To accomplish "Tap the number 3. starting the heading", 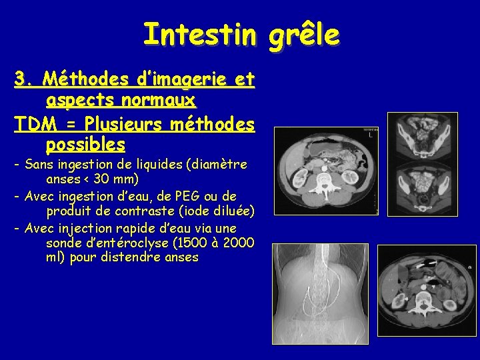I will tap(25, 80).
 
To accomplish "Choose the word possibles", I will tap(85, 144).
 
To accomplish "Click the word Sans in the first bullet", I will tap(39, 165).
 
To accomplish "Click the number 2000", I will tap(238, 243).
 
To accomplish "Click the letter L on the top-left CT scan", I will tap(369, 134).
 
